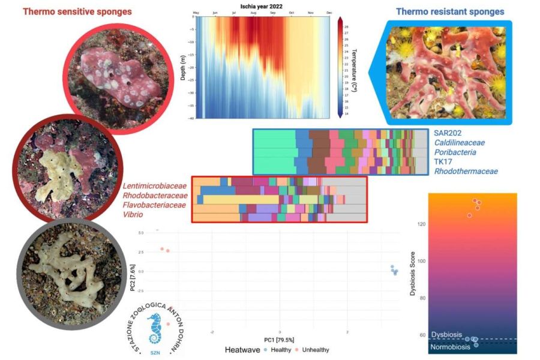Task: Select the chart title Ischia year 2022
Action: click(262, 5)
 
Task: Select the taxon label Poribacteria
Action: click(454, 152)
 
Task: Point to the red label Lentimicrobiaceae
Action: click(155, 185)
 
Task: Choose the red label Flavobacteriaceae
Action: click(155, 204)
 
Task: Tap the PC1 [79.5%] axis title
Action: click(280, 340)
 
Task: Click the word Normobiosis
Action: click(451, 347)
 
